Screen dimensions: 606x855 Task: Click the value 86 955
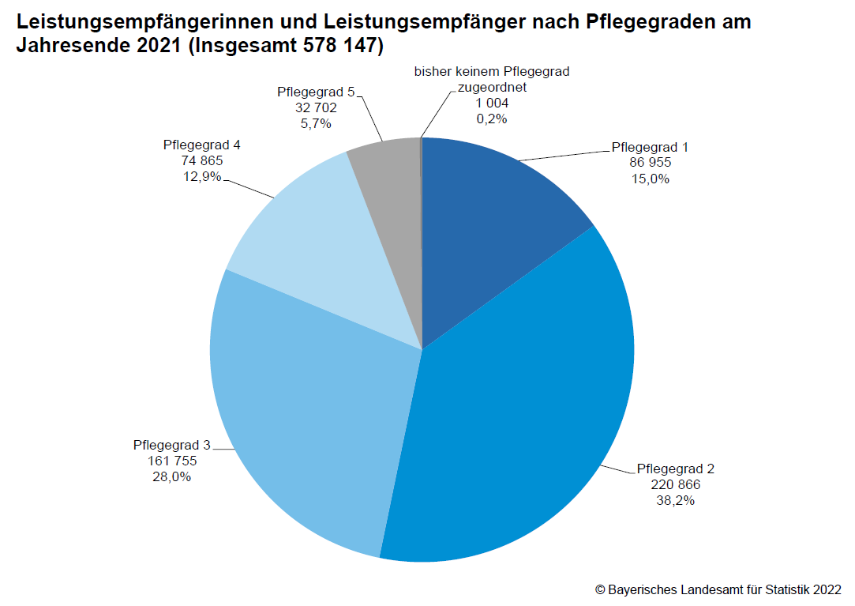[650, 163]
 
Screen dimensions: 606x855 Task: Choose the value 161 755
[171, 461]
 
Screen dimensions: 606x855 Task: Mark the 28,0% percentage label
[171, 476]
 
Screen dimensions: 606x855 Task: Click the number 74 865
[201, 160]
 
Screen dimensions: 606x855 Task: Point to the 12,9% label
[201, 176]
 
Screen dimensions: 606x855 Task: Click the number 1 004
[492, 104]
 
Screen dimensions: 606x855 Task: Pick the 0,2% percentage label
[492, 119]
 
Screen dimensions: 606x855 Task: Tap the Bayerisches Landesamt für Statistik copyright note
[718, 589]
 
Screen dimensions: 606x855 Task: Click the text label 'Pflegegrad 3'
[171, 445]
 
